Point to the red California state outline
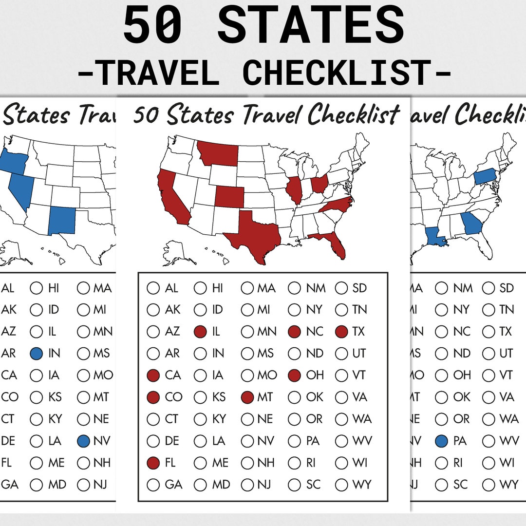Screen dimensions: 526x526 (x=170, y=197)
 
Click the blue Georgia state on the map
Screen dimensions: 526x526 (x=471, y=224)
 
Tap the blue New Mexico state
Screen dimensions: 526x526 (x=62, y=220)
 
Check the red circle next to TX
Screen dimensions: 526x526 (x=342, y=332)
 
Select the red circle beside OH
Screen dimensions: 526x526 (x=294, y=376)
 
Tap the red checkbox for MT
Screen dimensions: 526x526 (x=247, y=397)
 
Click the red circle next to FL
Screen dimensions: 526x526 (x=153, y=463)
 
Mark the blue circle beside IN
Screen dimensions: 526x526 (x=37, y=354)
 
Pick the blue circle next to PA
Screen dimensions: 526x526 (x=442, y=441)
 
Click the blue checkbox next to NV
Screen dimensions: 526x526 (x=84, y=441)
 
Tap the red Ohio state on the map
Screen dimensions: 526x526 (x=319, y=184)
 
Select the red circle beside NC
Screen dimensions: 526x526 (x=294, y=332)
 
